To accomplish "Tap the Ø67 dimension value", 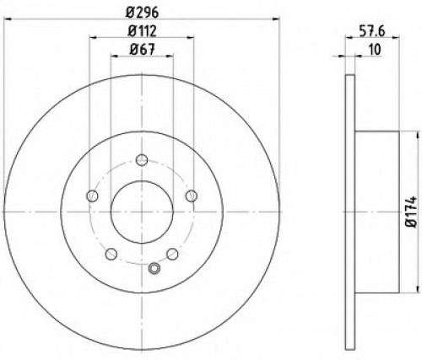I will (141, 50).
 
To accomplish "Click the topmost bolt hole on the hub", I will (141, 160).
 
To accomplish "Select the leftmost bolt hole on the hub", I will (91, 196).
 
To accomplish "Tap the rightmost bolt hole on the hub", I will (192, 196).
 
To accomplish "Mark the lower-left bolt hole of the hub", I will (111, 255).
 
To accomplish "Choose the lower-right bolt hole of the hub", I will (172, 255).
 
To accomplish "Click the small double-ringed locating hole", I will (153, 270).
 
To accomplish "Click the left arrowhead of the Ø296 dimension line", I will (6, 19).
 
